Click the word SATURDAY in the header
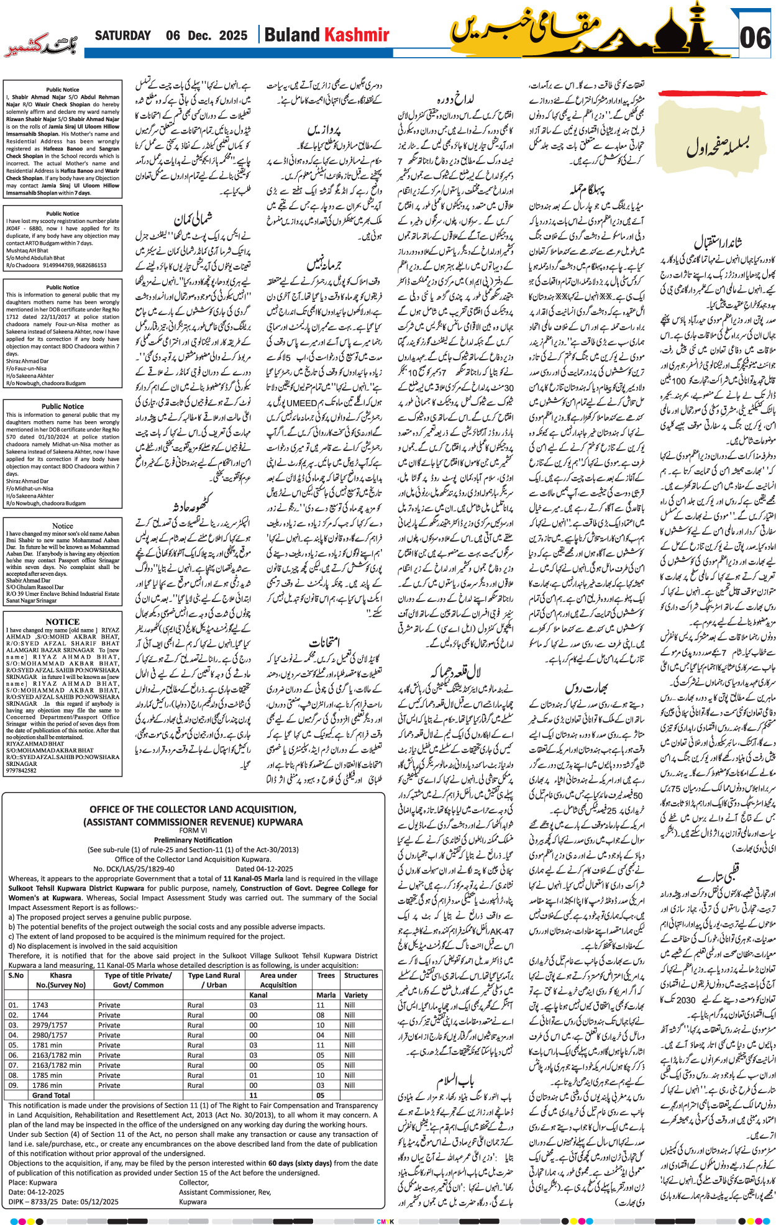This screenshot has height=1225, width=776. coord(123,36)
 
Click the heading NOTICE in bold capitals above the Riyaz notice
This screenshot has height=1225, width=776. coord(62,622)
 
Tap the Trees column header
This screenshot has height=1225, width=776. coord(326,975)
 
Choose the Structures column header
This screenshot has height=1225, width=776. coord(361,975)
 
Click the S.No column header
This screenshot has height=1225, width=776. coord(16,975)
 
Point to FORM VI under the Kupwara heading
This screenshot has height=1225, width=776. coord(193,831)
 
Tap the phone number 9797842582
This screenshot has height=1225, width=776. coord(22,770)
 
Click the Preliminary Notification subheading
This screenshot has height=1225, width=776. coord(193,840)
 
